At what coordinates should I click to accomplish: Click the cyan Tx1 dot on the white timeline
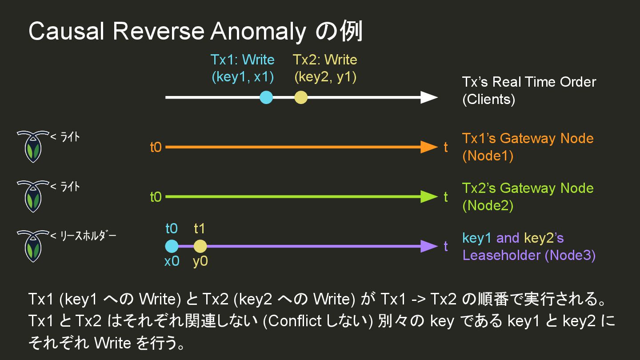tap(266, 97)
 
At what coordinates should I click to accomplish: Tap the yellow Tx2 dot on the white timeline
tap(301, 97)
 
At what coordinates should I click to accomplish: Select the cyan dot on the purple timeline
tap(172, 246)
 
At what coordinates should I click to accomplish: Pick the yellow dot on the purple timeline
tap(200, 246)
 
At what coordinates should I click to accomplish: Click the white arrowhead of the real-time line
tap(429, 97)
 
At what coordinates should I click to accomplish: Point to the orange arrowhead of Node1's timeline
tap(429, 147)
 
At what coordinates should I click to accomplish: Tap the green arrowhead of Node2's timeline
tap(429, 196)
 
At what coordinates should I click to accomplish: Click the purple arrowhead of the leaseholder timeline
tap(429, 246)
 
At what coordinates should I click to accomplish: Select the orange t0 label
tap(156, 148)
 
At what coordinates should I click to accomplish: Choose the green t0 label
tap(156, 197)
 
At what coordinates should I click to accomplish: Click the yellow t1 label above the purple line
tap(200, 228)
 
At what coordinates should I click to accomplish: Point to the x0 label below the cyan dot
tap(172, 261)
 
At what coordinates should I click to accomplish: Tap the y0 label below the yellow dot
tap(200, 261)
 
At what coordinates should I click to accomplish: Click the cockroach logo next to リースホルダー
tap(32, 246)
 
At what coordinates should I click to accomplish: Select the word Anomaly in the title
tap(258, 32)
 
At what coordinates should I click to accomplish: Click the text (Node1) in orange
tap(488, 156)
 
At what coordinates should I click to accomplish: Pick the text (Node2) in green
tap(488, 206)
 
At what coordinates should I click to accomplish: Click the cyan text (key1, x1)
tap(243, 77)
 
